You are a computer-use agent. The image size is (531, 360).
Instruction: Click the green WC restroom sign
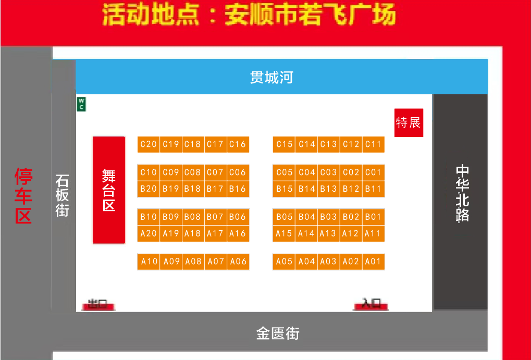81,104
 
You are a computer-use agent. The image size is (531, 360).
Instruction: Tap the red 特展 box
409,123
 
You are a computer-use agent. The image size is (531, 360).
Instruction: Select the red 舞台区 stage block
109,190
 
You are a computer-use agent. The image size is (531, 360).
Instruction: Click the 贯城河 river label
271,78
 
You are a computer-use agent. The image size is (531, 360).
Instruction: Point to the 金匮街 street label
278,333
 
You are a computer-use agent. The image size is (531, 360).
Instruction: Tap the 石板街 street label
63,196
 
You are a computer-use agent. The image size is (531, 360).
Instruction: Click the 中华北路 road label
462,193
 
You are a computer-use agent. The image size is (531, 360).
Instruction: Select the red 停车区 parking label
23,196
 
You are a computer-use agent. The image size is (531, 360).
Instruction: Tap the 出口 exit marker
97,304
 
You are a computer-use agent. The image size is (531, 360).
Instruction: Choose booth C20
149,144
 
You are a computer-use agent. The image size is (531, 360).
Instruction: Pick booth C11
373,144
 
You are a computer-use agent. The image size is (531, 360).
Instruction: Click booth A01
373,262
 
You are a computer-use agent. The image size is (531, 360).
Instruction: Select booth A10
149,262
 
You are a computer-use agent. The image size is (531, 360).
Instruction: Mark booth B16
238,189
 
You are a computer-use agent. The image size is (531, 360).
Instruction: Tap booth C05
284,172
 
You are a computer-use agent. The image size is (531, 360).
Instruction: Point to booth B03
328,217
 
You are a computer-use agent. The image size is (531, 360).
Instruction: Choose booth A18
193,233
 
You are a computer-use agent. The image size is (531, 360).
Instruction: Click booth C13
328,144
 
